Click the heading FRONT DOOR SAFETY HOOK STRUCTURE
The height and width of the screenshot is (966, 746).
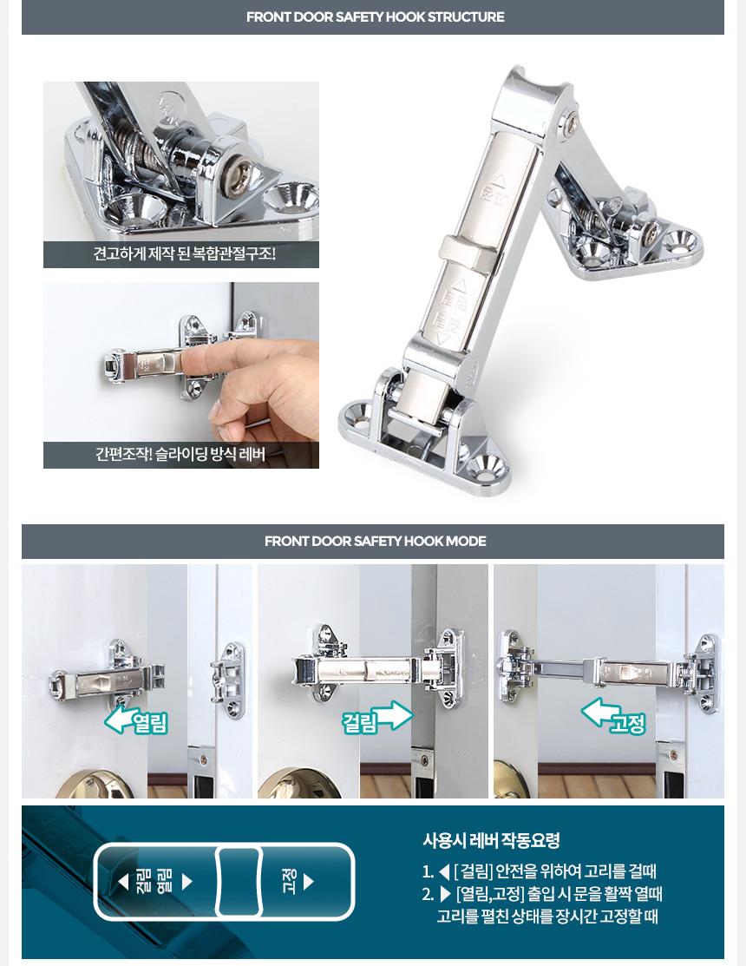coord(375,16)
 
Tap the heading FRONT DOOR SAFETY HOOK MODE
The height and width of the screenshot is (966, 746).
coord(375,541)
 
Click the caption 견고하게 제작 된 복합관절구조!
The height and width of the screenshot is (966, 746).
coord(184,253)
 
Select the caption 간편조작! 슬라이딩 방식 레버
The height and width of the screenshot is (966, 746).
coord(180,454)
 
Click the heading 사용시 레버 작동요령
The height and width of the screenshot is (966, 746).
coord(491,840)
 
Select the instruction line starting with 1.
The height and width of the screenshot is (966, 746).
coord(540,871)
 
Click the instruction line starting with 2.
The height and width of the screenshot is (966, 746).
coord(542,904)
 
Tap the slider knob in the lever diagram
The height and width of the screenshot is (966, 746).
coord(239,882)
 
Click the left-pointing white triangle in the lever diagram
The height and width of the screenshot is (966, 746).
coord(123,882)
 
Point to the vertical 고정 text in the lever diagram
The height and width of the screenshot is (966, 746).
coord(289,882)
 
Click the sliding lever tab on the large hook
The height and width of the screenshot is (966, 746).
coord(465,253)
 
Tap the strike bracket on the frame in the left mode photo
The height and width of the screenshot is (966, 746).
coord(228,680)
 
